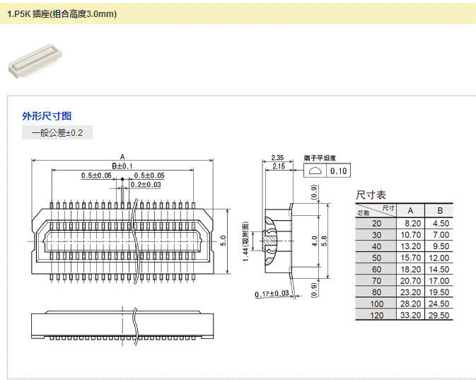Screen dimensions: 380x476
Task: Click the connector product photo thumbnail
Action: [35, 60]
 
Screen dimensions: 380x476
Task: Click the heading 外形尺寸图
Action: [47, 116]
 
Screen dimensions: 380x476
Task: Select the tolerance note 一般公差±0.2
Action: [57, 132]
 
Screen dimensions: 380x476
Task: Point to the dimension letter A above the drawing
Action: [122, 156]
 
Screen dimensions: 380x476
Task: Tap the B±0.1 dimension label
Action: [122, 166]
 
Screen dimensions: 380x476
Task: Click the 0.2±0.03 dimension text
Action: [146, 185]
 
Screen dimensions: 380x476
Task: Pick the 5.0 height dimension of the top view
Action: [223, 240]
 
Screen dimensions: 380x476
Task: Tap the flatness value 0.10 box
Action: [339, 171]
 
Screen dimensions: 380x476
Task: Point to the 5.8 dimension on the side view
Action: [324, 241]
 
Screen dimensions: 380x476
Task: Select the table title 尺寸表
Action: [371, 195]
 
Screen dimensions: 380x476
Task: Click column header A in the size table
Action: [411, 210]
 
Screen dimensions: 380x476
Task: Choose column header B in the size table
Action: [440, 210]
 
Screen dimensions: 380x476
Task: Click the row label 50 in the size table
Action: [376, 258]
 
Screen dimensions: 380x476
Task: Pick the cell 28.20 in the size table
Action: [411, 304]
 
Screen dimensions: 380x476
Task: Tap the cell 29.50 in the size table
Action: [440, 316]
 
